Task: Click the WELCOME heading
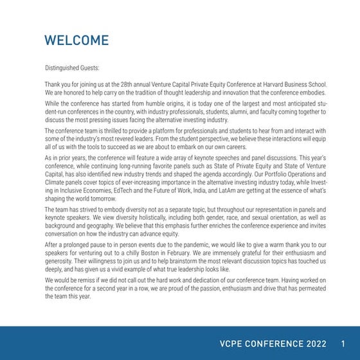point(76,40)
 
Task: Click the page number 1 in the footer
point(343,343)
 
